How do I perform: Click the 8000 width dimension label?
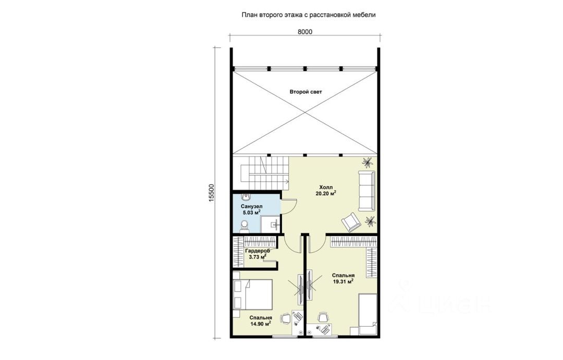[305, 32]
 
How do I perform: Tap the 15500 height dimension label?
[211, 194]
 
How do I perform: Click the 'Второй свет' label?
[306, 92]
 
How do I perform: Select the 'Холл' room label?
[326, 188]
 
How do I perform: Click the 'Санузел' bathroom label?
[251, 207]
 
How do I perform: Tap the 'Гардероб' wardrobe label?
[257, 251]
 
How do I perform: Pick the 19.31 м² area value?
[343, 282]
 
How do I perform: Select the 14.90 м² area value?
[261, 324]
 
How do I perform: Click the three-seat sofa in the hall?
[366, 191]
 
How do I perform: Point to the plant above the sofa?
[367, 163]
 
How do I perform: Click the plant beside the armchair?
[370, 221]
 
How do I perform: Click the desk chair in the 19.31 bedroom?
[323, 317]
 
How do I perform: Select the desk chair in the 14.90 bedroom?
[286, 318]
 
